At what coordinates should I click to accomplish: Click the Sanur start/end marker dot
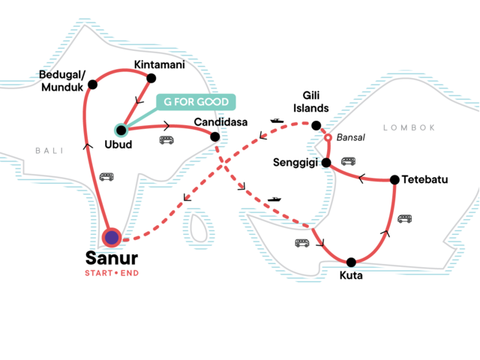(112, 238)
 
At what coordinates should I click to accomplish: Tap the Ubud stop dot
(121, 129)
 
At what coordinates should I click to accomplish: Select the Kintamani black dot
(151, 78)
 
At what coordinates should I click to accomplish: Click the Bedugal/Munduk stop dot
(93, 85)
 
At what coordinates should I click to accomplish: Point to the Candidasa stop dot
(215, 136)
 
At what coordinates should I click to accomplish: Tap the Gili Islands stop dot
(316, 125)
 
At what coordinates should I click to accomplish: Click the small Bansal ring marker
(328, 139)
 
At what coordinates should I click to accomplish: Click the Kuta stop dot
(351, 262)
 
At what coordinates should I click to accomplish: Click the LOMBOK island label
(409, 127)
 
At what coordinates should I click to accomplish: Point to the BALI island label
(46, 151)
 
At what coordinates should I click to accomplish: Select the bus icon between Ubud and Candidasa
(166, 139)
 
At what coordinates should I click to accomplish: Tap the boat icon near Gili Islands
(276, 121)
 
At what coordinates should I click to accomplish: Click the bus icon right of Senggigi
(348, 160)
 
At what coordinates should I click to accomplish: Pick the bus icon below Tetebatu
(405, 218)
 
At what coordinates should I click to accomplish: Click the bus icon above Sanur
(106, 177)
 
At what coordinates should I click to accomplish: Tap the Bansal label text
(351, 139)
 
